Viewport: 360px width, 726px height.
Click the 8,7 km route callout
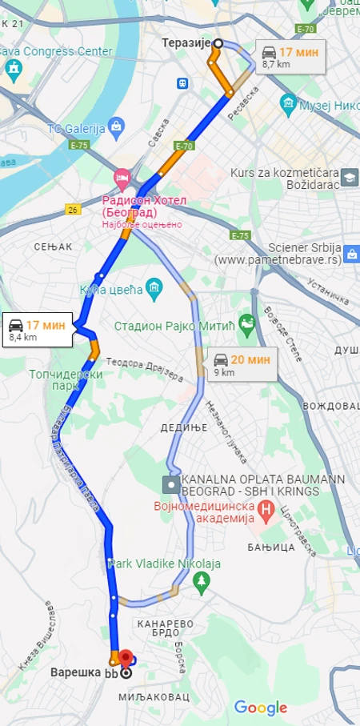click(290, 58)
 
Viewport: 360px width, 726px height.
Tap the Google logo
click(260, 708)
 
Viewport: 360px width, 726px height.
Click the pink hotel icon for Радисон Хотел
click(122, 175)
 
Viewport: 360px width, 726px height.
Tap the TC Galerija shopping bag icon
click(118, 126)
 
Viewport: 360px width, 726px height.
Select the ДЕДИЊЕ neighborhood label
click(185, 427)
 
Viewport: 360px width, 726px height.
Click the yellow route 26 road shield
click(73, 210)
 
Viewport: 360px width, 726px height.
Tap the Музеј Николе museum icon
click(288, 103)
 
